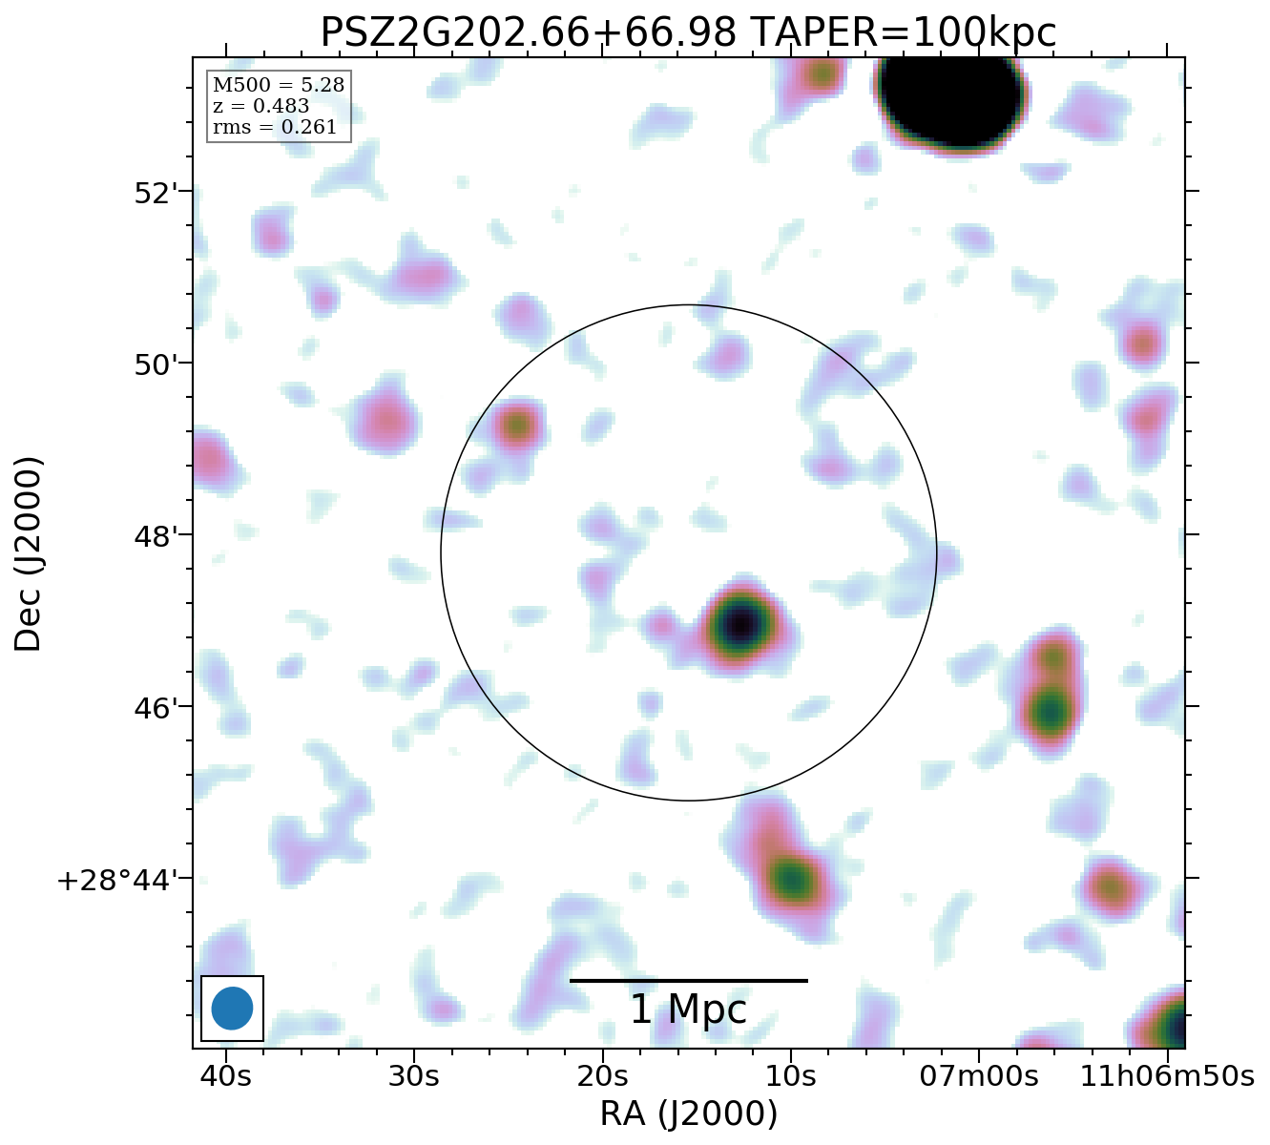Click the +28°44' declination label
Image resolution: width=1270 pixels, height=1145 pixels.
coord(119,880)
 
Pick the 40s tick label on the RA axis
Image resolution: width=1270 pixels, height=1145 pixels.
coord(226,1076)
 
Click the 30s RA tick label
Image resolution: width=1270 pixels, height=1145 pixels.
coord(414,1076)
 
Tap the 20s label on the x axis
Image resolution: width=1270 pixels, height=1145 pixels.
coord(602,1076)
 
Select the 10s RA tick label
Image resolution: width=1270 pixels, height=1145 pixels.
coord(790,1076)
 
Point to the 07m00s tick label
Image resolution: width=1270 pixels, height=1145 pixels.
coord(979,1076)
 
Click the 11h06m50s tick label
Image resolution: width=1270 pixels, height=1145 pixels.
coord(1167,1076)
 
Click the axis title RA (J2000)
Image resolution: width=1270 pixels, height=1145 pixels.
coord(688,1114)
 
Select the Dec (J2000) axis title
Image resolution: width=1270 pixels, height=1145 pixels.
coord(29,553)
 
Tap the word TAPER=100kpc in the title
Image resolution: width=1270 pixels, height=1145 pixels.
coord(903,33)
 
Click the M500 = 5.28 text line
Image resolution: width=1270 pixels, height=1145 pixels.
coord(279,86)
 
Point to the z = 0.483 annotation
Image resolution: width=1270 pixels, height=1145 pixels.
coord(260,107)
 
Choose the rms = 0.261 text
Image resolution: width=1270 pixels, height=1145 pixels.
coord(275,128)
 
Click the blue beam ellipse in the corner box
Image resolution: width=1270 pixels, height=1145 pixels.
coord(232,1009)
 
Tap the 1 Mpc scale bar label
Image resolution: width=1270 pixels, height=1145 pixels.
coord(688,1010)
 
